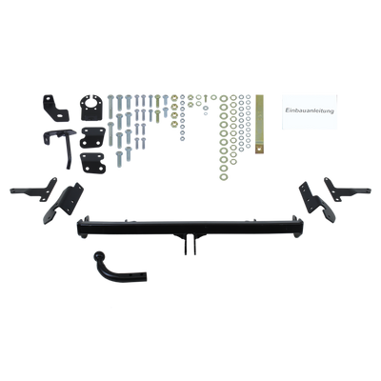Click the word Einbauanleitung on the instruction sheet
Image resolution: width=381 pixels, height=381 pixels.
click(310, 111)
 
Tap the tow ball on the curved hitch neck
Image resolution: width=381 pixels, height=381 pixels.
click(99, 256)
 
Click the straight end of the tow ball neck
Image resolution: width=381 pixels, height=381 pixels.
click(145, 276)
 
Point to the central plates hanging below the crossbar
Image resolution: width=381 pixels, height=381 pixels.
click(190, 244)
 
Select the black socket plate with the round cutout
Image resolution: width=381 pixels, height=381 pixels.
click(91, 108)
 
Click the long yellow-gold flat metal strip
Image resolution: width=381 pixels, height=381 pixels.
click(260, 124)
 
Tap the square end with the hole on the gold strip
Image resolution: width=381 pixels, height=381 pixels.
click(260, 150)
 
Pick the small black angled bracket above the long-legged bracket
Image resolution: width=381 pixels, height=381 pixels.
click(55, 108)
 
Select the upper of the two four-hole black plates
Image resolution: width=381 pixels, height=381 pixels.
click(92, 137)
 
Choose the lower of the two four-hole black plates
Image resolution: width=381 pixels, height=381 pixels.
click(92, 163)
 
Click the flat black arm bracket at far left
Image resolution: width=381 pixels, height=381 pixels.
click(34, 190)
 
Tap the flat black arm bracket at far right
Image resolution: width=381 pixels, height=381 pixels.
click(347, 190)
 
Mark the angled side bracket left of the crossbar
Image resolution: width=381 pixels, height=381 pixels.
click(64, 203)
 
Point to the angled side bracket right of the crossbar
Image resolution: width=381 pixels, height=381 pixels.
click(317, 202)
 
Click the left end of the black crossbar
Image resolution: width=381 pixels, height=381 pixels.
click(82, 227)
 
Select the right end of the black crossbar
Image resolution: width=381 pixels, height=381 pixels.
click(298, 227)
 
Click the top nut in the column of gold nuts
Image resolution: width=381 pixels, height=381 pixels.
click(174, 98)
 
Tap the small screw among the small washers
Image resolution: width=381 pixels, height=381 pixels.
click(206, 97)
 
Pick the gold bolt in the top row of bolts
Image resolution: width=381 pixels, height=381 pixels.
click(158, 102)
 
